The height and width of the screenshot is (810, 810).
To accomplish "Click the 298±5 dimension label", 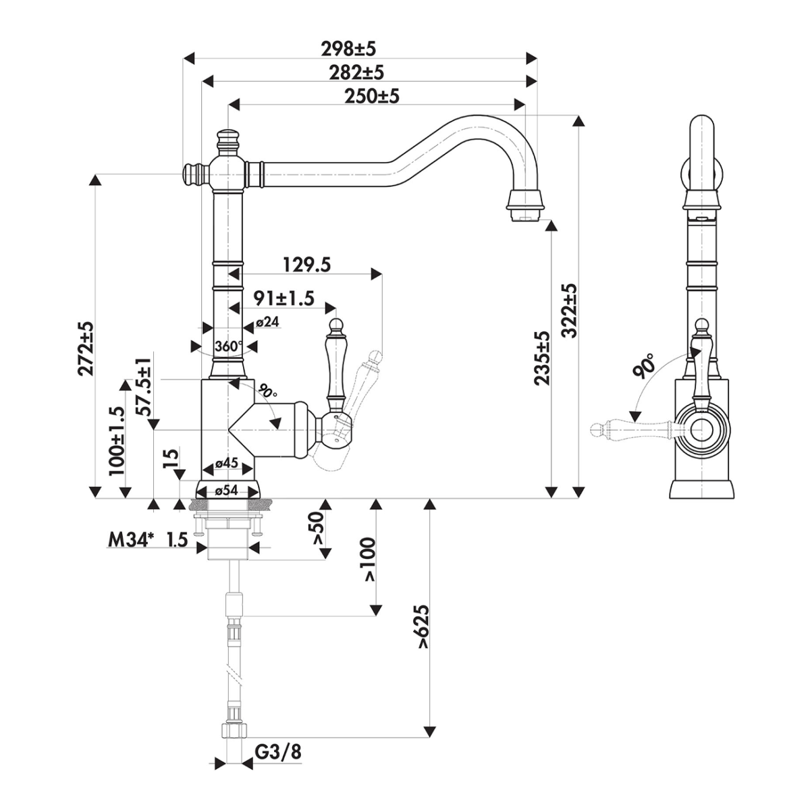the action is click(348, 49).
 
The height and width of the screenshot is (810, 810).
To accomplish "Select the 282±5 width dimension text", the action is click(356, 73).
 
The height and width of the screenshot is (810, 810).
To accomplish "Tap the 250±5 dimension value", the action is click(371, 97).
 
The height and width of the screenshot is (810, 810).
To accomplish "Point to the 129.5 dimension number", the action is click(307, 265).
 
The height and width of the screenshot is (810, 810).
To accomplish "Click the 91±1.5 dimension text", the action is click(284, 298).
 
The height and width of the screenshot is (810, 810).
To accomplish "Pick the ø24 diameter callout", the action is click(267, 322).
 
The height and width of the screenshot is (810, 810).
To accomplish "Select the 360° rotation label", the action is click(228, 346).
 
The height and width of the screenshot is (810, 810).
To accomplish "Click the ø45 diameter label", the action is click(226, 463).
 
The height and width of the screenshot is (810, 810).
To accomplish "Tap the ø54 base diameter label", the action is click(226, 490).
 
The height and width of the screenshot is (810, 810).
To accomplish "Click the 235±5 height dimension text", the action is click(541, 358).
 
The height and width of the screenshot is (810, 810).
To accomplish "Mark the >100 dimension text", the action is click(370, 559).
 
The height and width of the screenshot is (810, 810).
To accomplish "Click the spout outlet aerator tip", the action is click(528, 215).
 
